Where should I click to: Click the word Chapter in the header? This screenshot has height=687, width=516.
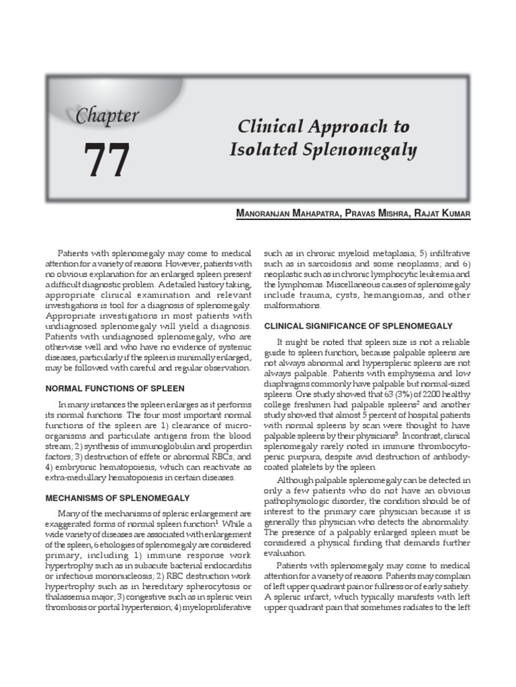107,115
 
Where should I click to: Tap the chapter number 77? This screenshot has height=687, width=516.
107,161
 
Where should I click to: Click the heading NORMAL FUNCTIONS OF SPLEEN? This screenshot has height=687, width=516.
114,388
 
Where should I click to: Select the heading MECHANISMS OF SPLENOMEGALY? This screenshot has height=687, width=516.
118,498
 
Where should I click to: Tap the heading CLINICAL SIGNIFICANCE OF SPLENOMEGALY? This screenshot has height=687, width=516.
358,325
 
